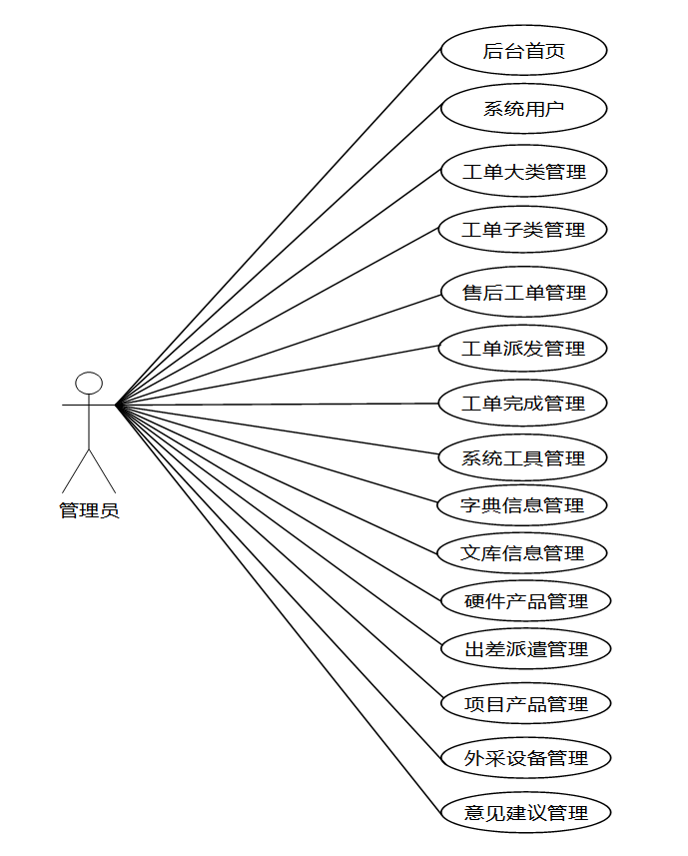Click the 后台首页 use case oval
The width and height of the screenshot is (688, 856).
(523, 51)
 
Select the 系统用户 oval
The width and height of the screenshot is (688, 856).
(523, 108)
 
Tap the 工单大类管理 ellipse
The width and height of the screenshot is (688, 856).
(523, 171)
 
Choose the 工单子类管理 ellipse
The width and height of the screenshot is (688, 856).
(523, 230)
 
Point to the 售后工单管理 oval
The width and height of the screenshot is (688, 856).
(523, 293)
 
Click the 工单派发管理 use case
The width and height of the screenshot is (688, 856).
(523, 349)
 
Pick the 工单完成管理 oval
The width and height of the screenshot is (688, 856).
(523, 404)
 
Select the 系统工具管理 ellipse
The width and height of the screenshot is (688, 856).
(523, 458)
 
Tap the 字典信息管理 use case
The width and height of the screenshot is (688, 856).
(523, 505)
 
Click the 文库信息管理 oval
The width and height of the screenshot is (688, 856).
(523, 552)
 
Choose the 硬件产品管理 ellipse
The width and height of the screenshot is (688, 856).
(525, 601)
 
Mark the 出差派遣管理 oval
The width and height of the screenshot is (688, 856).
(525, 648)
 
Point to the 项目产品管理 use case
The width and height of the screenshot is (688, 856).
(525, 703)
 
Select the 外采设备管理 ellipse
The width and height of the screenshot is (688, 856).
(525, 758)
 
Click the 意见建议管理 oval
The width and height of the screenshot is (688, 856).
(525, 813)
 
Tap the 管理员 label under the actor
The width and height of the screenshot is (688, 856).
(89, 511)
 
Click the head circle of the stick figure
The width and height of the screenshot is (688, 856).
(90, 383)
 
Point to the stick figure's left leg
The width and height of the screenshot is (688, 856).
(76, 470)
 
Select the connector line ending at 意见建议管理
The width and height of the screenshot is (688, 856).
(280, 609)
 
